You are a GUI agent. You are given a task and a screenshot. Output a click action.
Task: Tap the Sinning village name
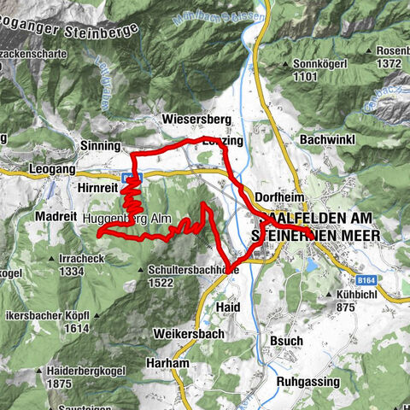click(x=100, y=146)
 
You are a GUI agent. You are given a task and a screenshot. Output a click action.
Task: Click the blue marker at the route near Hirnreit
click(x=126, y=177)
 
